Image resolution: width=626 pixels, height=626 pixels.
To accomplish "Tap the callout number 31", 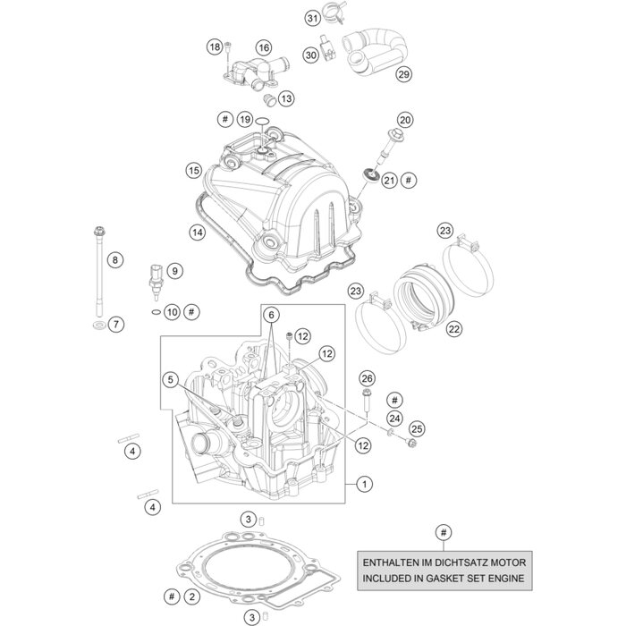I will click(x=311, y=19).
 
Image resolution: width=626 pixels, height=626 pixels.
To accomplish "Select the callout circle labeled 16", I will click(x=263, y=47).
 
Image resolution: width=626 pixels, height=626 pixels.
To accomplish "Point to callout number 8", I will click(x=114, y=260).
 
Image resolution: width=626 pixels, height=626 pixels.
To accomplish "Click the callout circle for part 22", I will click(x=453, y=330).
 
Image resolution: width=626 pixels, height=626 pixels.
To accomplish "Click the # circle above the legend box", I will click(x=442, y=534).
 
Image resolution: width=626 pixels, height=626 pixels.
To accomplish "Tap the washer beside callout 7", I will click(x=96, y=324).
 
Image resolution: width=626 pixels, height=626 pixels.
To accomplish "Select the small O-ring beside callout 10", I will click(x=156, y=312).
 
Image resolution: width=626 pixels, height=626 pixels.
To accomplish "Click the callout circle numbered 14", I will click(x=197, y=207).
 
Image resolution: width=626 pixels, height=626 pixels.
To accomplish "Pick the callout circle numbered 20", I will click(x=405, y=120).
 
